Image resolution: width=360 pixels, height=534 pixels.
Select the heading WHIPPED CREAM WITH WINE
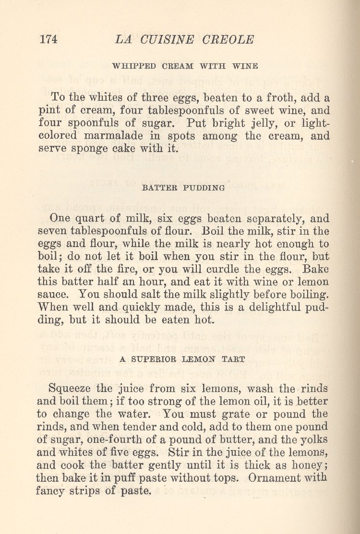point(185,66)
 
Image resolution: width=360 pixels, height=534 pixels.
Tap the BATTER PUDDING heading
point(183,188)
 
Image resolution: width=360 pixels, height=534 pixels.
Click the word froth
point(266,98)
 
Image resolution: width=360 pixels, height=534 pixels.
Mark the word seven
point(52,231)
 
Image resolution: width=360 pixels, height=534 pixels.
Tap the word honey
point(305,465)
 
